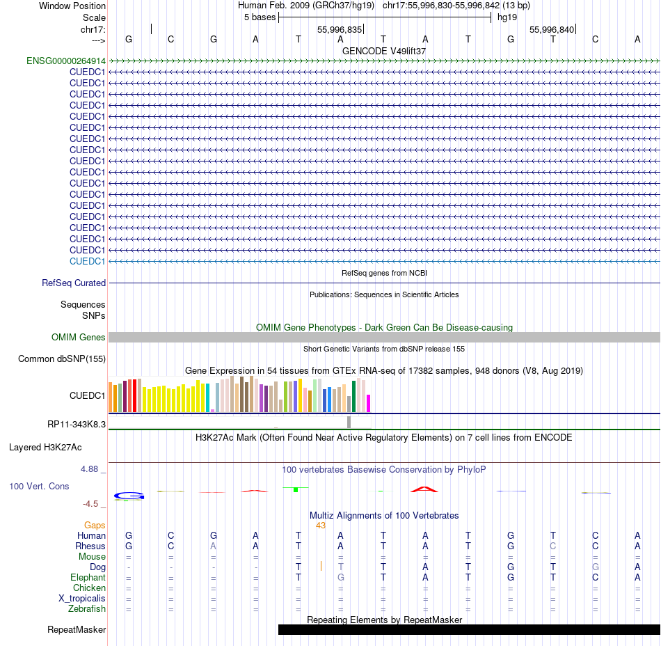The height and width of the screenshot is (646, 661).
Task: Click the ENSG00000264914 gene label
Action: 66,61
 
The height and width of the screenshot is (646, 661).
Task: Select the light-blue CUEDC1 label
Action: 87,261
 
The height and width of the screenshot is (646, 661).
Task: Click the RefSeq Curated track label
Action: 74,283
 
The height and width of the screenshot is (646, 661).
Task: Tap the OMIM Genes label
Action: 79,338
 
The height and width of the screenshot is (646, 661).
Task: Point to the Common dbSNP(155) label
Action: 62,359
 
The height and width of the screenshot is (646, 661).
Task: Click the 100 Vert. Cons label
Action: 39,486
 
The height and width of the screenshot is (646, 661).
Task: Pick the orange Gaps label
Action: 95,525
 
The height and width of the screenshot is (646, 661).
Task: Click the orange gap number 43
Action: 321,525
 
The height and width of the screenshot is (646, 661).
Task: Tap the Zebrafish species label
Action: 87,609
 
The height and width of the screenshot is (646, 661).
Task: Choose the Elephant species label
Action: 88,578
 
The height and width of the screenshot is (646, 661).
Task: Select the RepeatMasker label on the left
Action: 77,630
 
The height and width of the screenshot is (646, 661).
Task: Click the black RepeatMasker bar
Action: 468,630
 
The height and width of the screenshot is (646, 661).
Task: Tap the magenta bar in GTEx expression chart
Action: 369,404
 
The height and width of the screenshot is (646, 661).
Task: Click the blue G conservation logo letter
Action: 129,496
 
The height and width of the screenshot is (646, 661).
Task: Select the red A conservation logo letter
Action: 424,489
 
